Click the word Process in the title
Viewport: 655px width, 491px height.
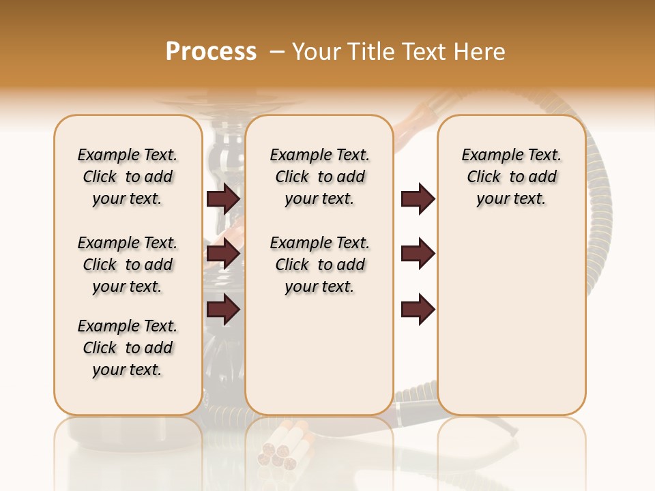click(211, 52)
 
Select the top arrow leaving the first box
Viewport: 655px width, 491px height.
click(223, 198)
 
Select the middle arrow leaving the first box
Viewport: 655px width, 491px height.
click(223, 254)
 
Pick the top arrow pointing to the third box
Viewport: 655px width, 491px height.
click(418, 198)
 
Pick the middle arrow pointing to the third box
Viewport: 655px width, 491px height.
click(418, 254)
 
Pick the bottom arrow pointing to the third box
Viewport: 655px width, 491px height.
click(418, 309)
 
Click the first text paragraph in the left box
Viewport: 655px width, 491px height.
click(128, 177)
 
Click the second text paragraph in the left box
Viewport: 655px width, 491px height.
click(128, 265)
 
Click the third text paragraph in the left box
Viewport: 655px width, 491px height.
click(128, 348)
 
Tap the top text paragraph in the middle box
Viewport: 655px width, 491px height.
click(319, 177)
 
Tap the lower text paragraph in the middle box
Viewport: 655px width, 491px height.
click(319, 265)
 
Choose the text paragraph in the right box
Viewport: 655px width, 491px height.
click(511, 177)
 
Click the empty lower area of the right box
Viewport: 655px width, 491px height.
click(511, 321)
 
